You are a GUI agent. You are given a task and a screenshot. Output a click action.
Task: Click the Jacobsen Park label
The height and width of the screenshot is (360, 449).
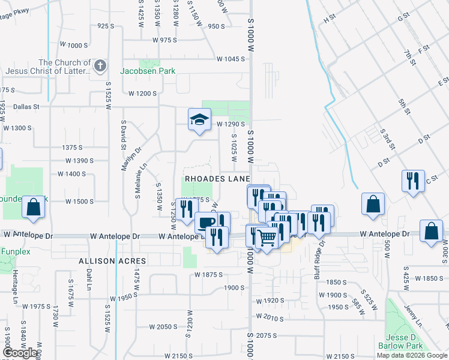click(148, 71)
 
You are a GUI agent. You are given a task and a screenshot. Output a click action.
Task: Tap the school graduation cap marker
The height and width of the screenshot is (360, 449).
click(199, 119)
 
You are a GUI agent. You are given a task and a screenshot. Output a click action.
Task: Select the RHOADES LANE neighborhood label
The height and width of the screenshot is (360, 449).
click(217, 179)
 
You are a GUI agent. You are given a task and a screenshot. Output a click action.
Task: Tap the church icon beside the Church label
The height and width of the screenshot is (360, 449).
click(100, 65)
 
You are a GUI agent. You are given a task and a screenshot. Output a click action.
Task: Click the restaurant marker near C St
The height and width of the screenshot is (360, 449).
click(413, 181)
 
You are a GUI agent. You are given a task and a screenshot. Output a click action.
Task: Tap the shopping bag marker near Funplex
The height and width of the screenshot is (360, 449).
click(34, 208)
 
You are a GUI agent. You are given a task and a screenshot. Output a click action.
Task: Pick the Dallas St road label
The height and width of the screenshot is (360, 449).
click(26, 106)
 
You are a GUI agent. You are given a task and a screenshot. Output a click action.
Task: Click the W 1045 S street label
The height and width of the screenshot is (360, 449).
click(231, 59)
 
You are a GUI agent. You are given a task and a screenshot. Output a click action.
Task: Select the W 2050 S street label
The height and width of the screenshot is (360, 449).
click(163, 327)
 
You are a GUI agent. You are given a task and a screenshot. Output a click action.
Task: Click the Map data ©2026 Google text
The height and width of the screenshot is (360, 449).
click(411, 355)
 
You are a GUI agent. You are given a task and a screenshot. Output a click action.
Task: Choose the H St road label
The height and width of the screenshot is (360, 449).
click(329, 19)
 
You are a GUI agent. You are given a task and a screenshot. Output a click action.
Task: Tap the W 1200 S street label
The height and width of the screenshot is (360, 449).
click(142, 94)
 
